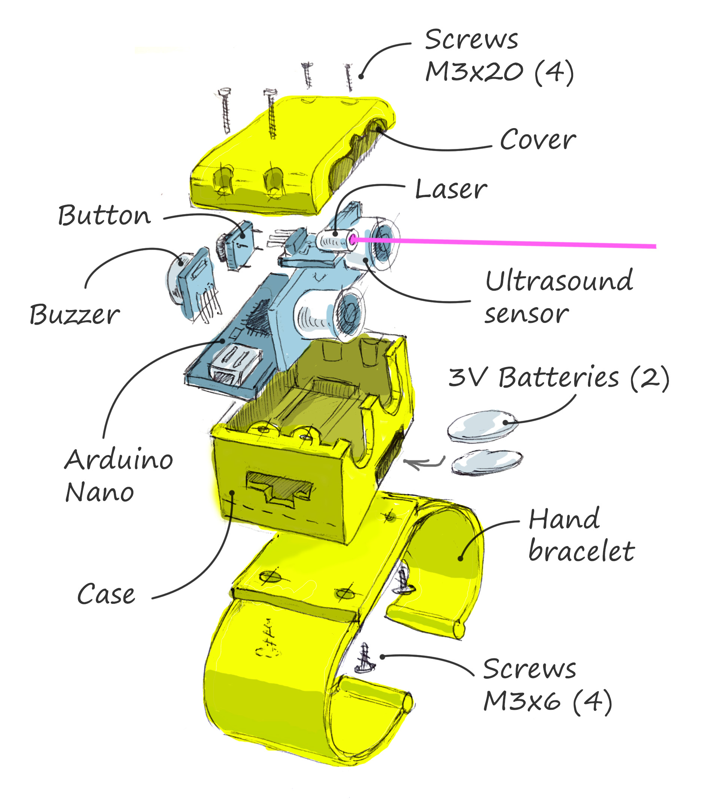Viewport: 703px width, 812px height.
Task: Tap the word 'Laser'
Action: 451,190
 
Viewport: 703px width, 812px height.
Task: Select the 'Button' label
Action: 104,215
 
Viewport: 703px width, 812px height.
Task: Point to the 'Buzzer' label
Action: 74,315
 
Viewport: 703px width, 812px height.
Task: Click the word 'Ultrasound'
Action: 559,281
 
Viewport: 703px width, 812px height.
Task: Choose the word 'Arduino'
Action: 118,460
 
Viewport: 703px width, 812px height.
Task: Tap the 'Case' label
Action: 106,594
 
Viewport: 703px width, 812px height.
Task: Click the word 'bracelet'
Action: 581,551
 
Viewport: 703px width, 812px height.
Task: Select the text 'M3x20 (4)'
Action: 499,72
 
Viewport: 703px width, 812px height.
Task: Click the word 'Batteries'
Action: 559,377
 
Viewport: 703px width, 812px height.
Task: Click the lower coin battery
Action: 487,462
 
